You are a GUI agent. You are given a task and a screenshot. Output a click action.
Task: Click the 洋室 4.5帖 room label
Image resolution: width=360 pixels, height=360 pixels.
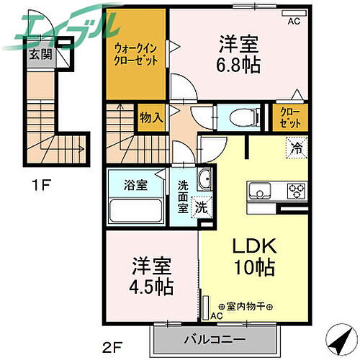pos(150,276)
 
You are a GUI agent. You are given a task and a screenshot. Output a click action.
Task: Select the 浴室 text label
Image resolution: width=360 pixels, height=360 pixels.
pos(135,184)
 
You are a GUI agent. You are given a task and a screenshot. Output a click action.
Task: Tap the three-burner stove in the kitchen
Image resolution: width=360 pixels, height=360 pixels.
pos(295,191)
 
